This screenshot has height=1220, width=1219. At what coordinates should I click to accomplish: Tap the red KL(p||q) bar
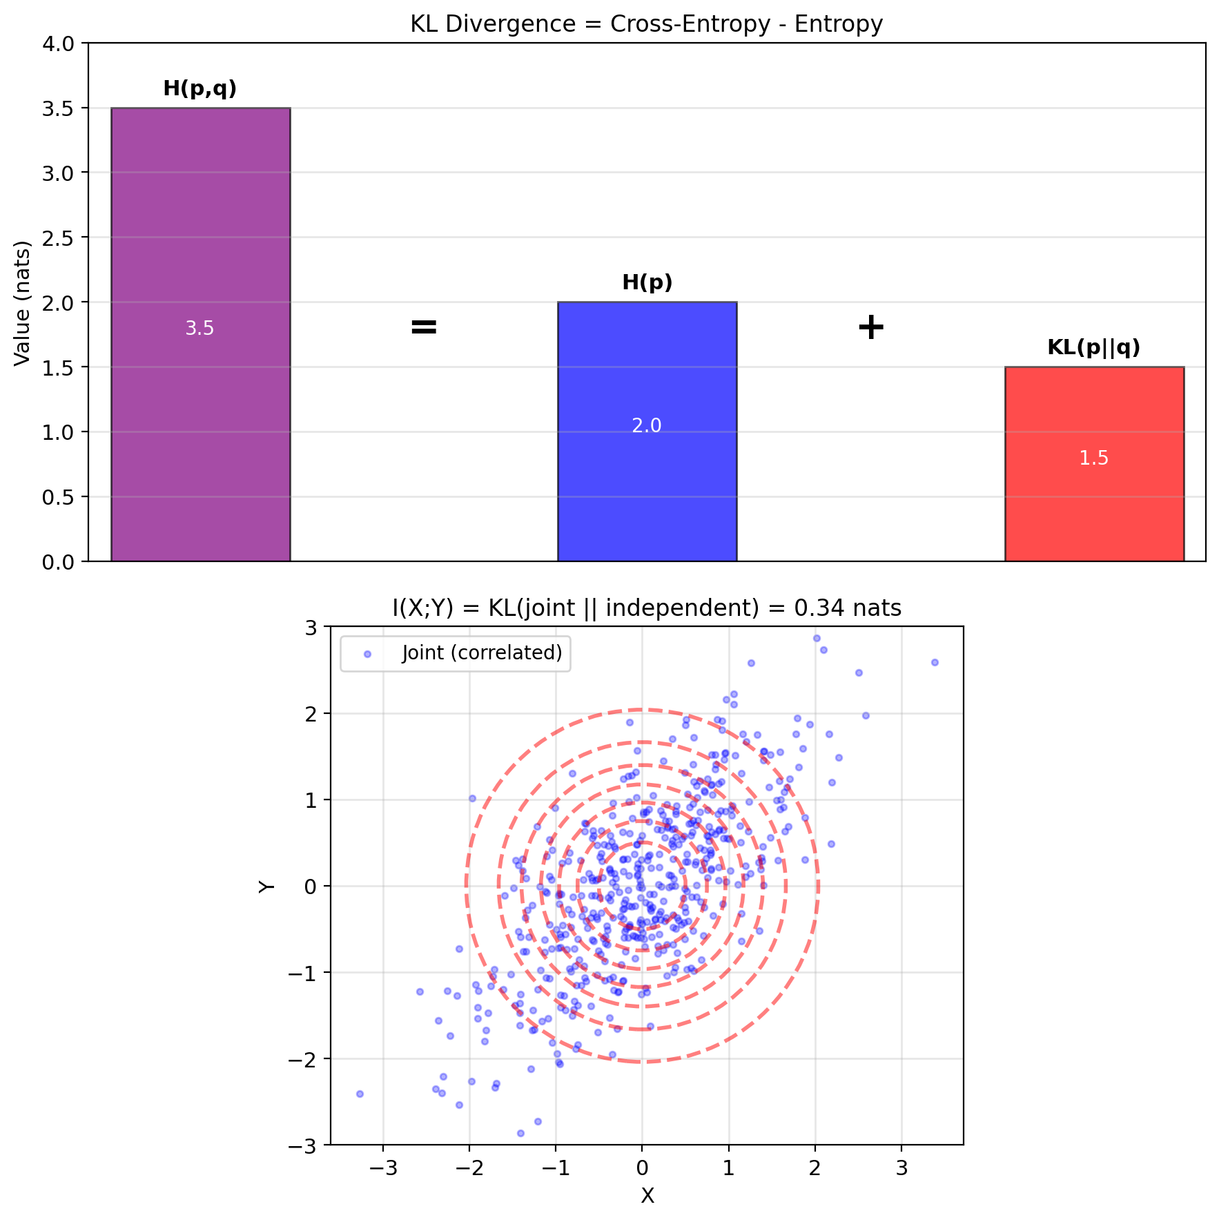[x=1094, y=511]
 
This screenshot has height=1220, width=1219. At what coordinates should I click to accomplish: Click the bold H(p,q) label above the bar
[x=200, y=89]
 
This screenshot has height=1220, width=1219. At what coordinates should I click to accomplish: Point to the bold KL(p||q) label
[x=1094, y=347]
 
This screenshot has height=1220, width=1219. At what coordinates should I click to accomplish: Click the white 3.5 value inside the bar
[x=200, y=329]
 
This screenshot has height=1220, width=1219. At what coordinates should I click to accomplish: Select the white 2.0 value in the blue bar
[x=647, y=426]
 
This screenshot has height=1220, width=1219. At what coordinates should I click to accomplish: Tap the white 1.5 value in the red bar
[x=1094, y=458]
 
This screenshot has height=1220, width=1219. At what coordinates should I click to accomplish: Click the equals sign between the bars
[x=424, y=327]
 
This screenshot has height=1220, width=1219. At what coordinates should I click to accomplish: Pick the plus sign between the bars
[x=870, y=327]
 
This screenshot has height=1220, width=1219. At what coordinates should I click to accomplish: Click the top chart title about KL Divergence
[x=647, y=24]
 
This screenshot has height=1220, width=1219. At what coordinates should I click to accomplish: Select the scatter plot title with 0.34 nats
[x=647, y=608]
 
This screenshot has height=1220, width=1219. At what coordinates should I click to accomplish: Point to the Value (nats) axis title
[x=23, y=303]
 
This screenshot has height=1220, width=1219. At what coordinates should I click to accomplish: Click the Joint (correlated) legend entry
[x=482, y=653]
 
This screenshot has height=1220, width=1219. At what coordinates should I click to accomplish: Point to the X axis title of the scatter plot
[x=647, y=1196]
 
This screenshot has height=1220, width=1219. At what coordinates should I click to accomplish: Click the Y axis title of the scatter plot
[x=266, y=887]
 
